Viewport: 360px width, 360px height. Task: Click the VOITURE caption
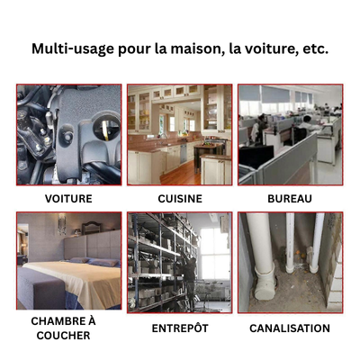[x=68, y=199]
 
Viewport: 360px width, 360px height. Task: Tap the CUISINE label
[x=180, y=199]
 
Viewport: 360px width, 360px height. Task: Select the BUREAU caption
[x=290, y=199]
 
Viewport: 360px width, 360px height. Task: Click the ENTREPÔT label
[x=180, y=328]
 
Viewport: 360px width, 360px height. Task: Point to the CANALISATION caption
[x=290, y=328]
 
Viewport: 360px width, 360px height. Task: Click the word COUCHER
[x=63, y=336]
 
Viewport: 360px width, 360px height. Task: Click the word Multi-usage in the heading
[x=73, y=49]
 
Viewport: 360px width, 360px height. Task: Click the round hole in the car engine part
[x=106, y=128]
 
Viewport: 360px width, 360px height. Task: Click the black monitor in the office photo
[x=256, y=157]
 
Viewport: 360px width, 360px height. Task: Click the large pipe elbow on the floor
[x=265, y=281]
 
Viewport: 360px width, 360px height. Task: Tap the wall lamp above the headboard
[x=62, y=223]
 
